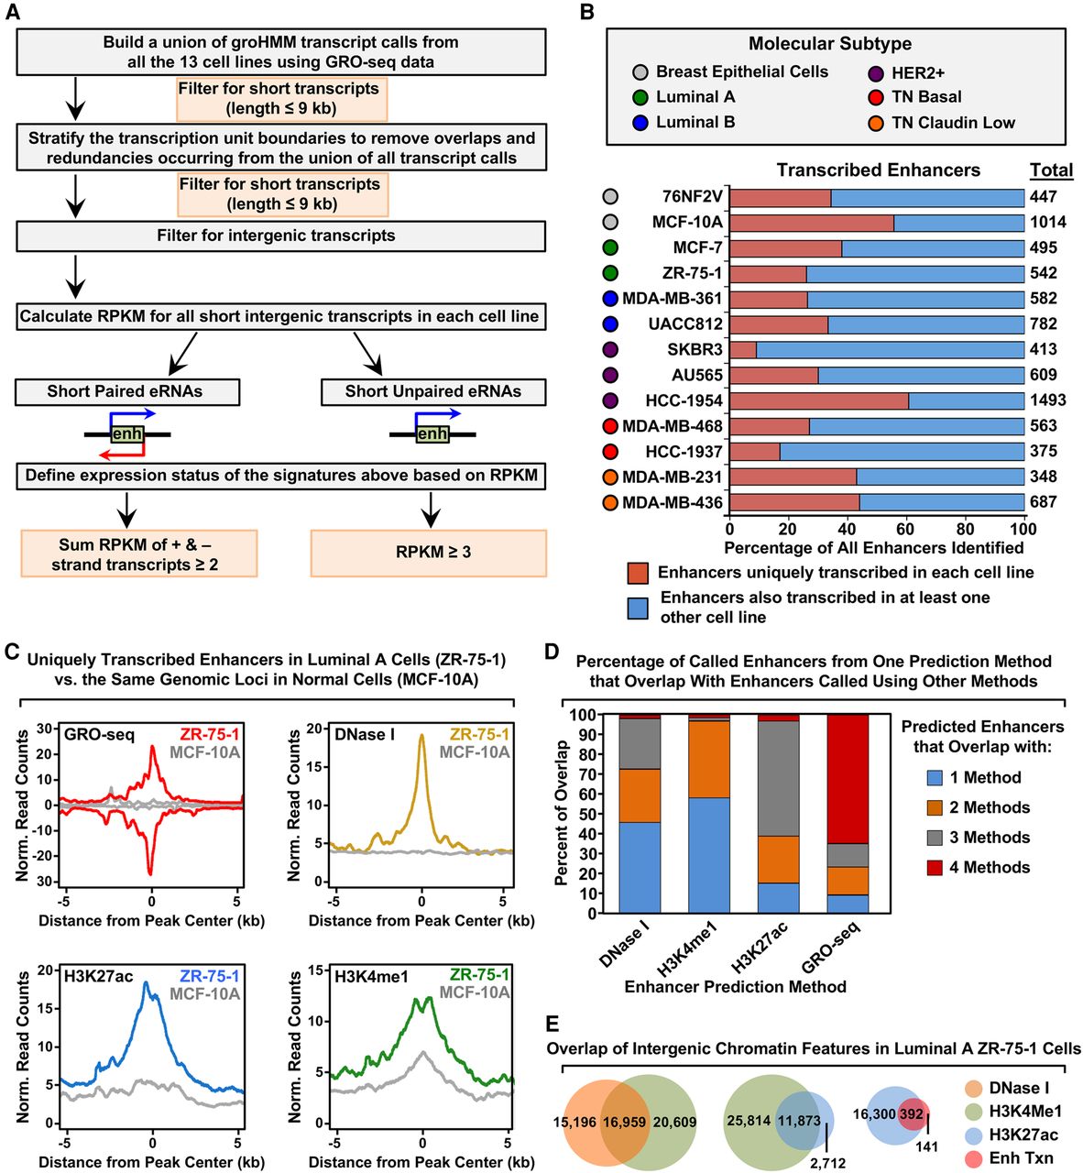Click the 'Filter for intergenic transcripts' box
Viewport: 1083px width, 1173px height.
(280, 236)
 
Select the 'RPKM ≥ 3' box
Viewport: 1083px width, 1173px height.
(429, 552)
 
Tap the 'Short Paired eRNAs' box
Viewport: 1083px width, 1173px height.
(126, 391)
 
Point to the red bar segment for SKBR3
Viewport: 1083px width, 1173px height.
(743, 349)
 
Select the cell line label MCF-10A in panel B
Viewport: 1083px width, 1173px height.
(687, 222)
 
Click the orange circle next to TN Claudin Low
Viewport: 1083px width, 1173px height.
(875, 123)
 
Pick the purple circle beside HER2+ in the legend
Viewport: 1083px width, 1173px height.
(875, 72)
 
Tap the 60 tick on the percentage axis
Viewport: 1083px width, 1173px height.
(906, 529)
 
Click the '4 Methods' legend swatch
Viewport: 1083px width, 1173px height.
(934, 868)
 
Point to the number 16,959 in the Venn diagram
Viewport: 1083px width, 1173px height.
(625, 1122)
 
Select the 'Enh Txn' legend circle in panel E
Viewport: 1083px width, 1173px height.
(974, 1158)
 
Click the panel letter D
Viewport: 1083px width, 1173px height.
(552, 652)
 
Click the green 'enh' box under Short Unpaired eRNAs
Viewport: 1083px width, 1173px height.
(432, 433)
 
